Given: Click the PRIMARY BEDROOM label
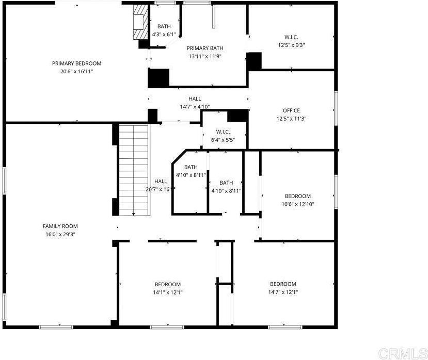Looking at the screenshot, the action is (77, 63).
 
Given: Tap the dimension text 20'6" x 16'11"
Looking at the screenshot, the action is (77, 72).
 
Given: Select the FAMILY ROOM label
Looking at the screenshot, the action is (60, 226).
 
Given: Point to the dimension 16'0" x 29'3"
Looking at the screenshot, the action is (60, 234).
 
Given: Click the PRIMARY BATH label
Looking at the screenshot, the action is (205, 48).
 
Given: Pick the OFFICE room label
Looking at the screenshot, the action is (291, 110).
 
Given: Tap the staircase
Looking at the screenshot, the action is (134, 170).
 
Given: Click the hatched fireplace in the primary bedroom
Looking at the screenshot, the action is (140, 22).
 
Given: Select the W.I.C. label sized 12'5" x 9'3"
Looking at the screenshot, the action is (291, 37).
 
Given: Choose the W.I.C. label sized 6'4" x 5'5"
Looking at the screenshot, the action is (223, 132).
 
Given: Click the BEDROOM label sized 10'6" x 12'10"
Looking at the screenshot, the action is (298, 196).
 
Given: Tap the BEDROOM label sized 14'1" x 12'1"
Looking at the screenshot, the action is (168, 285).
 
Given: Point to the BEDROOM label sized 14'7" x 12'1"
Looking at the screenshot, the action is (283, 284).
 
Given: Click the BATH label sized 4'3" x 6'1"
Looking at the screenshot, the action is (164, 26).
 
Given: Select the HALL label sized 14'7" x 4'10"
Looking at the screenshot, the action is (195, 99).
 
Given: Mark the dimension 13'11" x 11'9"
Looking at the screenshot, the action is (205, 56).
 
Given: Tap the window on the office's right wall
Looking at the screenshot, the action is (336, 108).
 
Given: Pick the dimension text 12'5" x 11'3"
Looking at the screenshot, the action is (291, 119).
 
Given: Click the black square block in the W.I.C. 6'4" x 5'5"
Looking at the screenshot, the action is (237, 116).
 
